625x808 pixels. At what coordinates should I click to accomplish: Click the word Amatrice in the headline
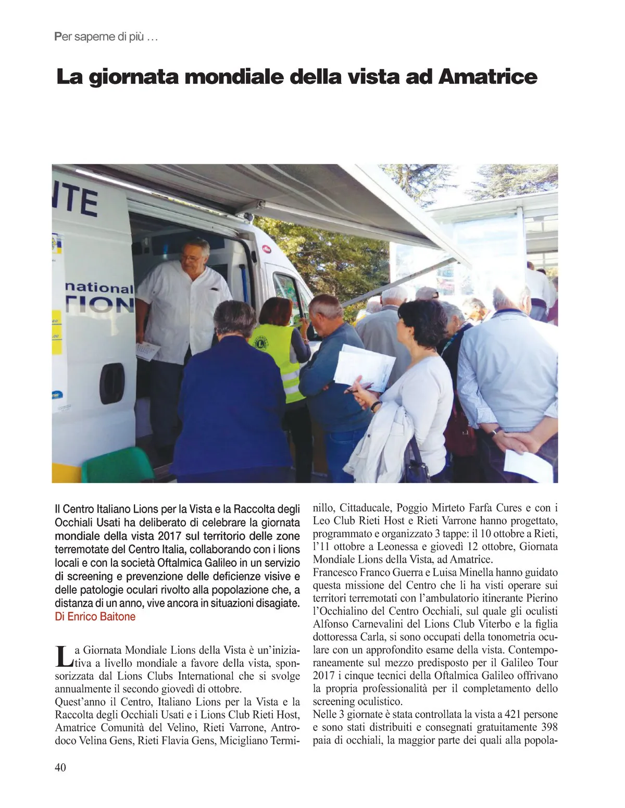[488, 77]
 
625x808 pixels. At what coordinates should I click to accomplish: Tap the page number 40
[60, 767]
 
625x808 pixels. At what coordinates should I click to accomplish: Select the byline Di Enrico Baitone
[95, 617]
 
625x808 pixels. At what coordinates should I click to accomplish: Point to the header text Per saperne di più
[106, 38]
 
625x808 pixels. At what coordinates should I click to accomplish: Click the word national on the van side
[99, 288]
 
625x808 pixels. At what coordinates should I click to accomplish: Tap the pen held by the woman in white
[359, 388]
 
